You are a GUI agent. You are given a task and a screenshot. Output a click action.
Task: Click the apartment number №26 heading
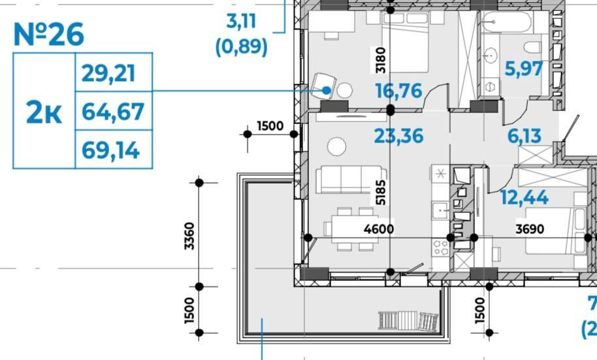[x=49, y=34]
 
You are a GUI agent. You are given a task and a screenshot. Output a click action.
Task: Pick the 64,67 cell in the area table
[x=113, y=112]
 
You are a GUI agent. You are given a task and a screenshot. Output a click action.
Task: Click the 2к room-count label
[x=44, y=112]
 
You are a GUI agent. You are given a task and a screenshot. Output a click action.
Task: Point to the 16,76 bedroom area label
[x=398, y=91]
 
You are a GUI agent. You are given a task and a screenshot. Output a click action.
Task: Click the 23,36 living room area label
[x=398, y=136]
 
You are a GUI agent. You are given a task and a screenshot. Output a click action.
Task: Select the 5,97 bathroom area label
[x=524, y=69]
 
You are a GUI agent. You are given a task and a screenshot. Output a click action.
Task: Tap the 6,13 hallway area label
[x=524, y=136]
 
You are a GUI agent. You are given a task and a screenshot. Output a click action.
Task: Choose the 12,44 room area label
[x=524, y=197]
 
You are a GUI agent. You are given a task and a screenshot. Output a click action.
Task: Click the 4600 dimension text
[x=379, y=229]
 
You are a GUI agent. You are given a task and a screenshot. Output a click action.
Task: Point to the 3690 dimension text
[x=530, y=229]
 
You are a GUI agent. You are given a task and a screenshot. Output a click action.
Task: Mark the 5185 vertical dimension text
[x=380, y=192]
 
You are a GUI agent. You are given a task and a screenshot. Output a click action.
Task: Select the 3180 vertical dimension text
[x=380, y=60]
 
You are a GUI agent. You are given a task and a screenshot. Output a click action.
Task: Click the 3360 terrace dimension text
[x=189, y=237]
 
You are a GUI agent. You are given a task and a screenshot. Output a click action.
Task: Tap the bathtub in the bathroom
[x=507, y=22]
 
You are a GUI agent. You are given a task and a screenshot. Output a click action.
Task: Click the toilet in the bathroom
[x=532, y=48]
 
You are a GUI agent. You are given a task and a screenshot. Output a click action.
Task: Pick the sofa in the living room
[x=351, y=179]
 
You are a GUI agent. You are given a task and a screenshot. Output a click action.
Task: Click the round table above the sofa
[x=337, y=146]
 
